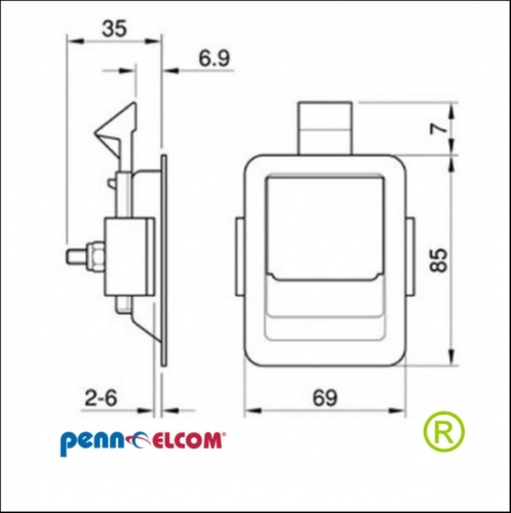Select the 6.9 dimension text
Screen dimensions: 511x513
tap(214, 58)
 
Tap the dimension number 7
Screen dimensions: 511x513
tap(439, 128)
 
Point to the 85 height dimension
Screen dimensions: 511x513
tap(439, 260)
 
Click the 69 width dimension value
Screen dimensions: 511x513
tap(325, 398)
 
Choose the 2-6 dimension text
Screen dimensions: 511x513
tap(101, 398)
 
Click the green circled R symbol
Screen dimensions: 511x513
tap(444, 431)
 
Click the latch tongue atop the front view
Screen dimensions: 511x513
tap(325, 128)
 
